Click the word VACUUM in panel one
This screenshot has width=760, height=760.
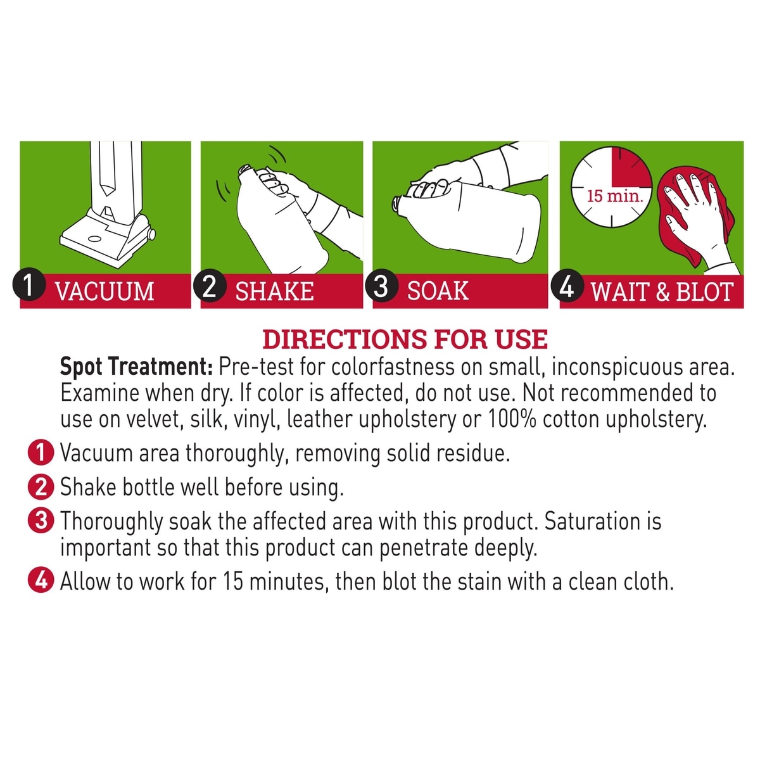(104, 291)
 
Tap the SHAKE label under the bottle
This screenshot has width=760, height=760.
(274, 291)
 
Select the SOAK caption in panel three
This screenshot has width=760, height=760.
(438, 291)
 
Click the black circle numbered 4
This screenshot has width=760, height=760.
(567, 288)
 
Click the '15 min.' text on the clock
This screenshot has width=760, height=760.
(615, 196)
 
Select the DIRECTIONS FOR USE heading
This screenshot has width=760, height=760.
(405, 339)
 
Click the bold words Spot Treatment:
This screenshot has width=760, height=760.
(137, 367)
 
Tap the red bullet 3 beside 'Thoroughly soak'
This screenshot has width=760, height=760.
(41, 521)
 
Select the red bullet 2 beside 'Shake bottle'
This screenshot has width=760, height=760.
(41, 486)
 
